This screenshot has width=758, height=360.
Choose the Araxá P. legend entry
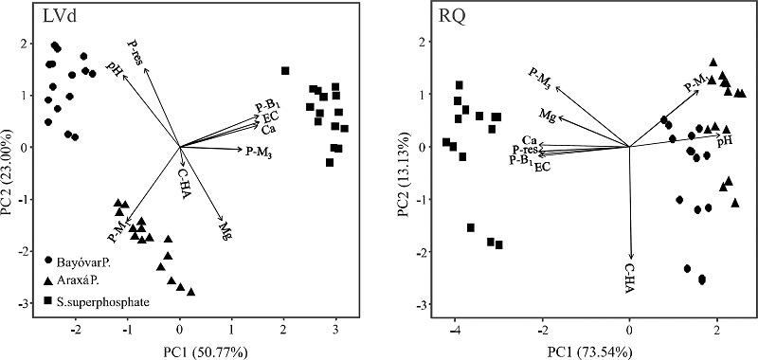click(83, 281)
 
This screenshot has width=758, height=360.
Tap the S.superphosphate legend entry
click(99, 301)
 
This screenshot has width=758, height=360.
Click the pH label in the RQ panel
click(725, 140)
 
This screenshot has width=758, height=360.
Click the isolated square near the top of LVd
click(284, 70)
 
